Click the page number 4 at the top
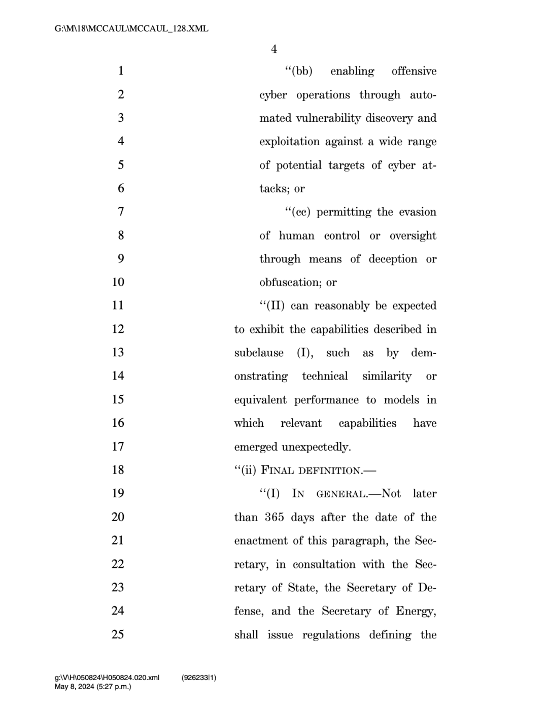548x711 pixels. (x=274, y=49)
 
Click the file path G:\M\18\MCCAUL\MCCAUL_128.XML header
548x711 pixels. (x=131, y=28)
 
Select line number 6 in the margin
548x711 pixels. (x=121, y=188)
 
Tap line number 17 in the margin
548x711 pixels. (x=118, y=447)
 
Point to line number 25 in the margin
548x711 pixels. (x=118, y=634)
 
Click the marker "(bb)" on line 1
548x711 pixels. (x=300, y=71)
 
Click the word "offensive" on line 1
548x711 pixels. (x=414, y=71)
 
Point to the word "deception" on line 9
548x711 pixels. (x=393, y=259)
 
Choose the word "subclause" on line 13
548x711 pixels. (x=259, y=353)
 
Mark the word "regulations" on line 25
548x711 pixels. (x=331, y=635)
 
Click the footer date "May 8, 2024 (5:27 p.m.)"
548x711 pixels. (x=93, y=687)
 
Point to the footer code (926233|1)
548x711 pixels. (x=198, y=678)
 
